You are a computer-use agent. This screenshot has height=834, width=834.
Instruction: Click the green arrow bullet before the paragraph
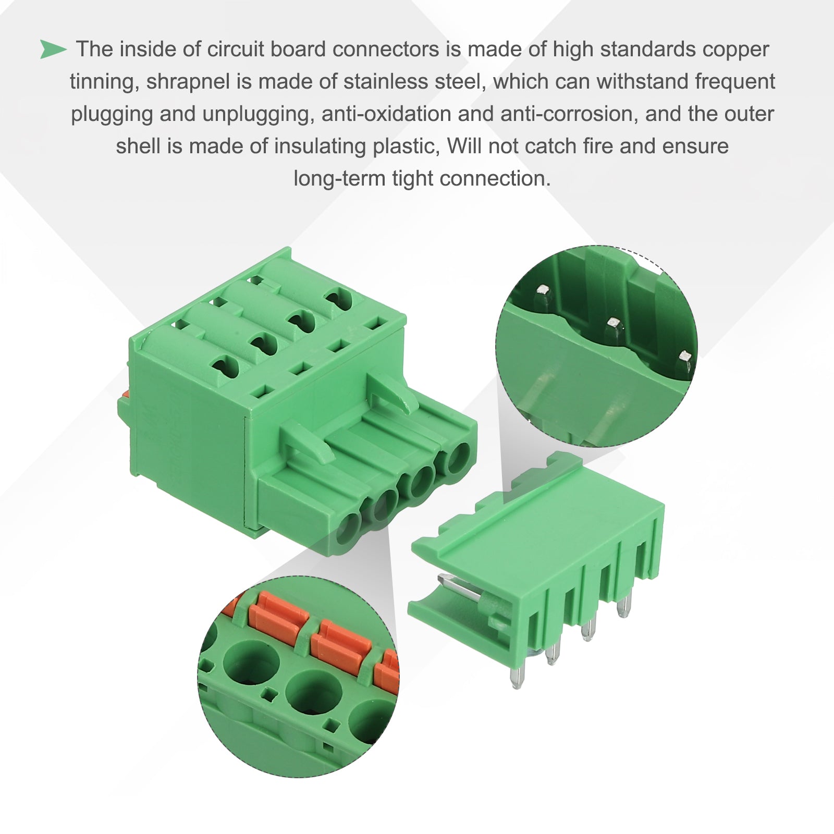(53, 50)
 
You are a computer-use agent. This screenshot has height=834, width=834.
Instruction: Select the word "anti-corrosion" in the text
(569, 114)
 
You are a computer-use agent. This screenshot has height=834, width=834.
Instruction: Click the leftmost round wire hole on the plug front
(348, 528)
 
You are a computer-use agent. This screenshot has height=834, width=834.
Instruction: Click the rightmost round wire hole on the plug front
(459, 456)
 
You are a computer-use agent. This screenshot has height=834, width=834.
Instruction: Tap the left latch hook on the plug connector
(308, 443)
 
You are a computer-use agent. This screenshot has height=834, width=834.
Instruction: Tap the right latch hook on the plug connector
(394, 394)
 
